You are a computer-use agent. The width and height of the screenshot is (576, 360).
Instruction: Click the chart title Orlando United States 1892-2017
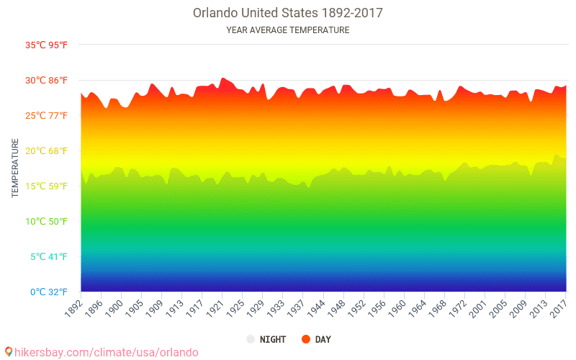[x=287, y=13]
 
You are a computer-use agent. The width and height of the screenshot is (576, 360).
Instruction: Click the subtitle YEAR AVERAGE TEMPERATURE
[x=287, y=30]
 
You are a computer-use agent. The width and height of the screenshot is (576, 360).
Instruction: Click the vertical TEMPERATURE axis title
[x=15, y=168]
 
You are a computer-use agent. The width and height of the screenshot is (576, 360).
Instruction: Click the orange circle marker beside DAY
[x=306, y=339]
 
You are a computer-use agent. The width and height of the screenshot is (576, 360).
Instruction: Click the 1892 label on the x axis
[x=73, y=307]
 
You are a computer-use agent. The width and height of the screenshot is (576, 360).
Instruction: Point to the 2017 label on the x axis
[x=558, y=307]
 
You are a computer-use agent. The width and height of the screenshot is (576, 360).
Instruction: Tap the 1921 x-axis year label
[x=215, y=307]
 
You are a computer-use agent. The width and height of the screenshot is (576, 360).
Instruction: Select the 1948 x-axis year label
[x=336, y=307]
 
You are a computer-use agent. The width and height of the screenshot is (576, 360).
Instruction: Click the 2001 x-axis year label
[x=477, y=307]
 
